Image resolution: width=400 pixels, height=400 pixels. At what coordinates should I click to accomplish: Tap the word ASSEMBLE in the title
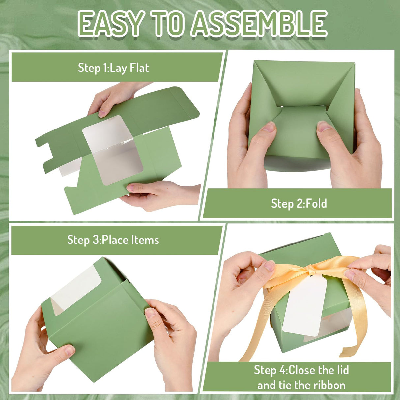pyautogui.click(x=259, y=24)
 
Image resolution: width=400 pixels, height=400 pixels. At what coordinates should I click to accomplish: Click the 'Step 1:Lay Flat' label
pyautogui.click(x=113, y=68)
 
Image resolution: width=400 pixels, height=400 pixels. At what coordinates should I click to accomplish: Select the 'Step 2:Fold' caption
pyautogui.click(x=299, y=203)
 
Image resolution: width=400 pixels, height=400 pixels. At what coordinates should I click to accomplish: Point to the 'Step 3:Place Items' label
pyautogui.click(x=113, y=240)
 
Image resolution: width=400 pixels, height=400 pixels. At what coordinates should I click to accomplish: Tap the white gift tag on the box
pyautogui.click(x=304, y=306)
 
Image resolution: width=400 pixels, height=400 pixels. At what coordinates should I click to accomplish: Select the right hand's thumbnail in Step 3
pyautogui.click(x=151, y=312)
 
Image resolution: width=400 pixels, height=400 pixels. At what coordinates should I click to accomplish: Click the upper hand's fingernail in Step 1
pyautogui.click(x=102, y=113)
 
